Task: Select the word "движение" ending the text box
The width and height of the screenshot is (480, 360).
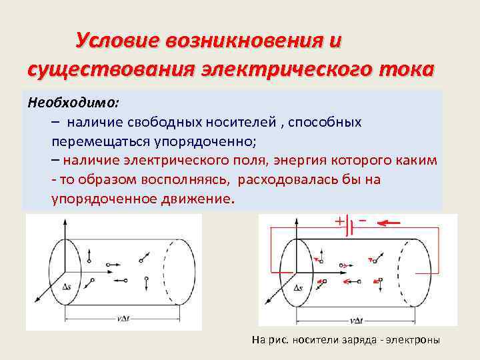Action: (x=198, y=199)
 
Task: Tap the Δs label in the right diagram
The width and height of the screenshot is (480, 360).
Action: (x=297, y=288)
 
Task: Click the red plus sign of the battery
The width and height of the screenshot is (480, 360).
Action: (x=339, y=221)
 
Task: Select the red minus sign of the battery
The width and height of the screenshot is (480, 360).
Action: (x=363, y=219)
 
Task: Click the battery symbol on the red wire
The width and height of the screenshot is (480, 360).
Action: (x=351, y=227)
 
